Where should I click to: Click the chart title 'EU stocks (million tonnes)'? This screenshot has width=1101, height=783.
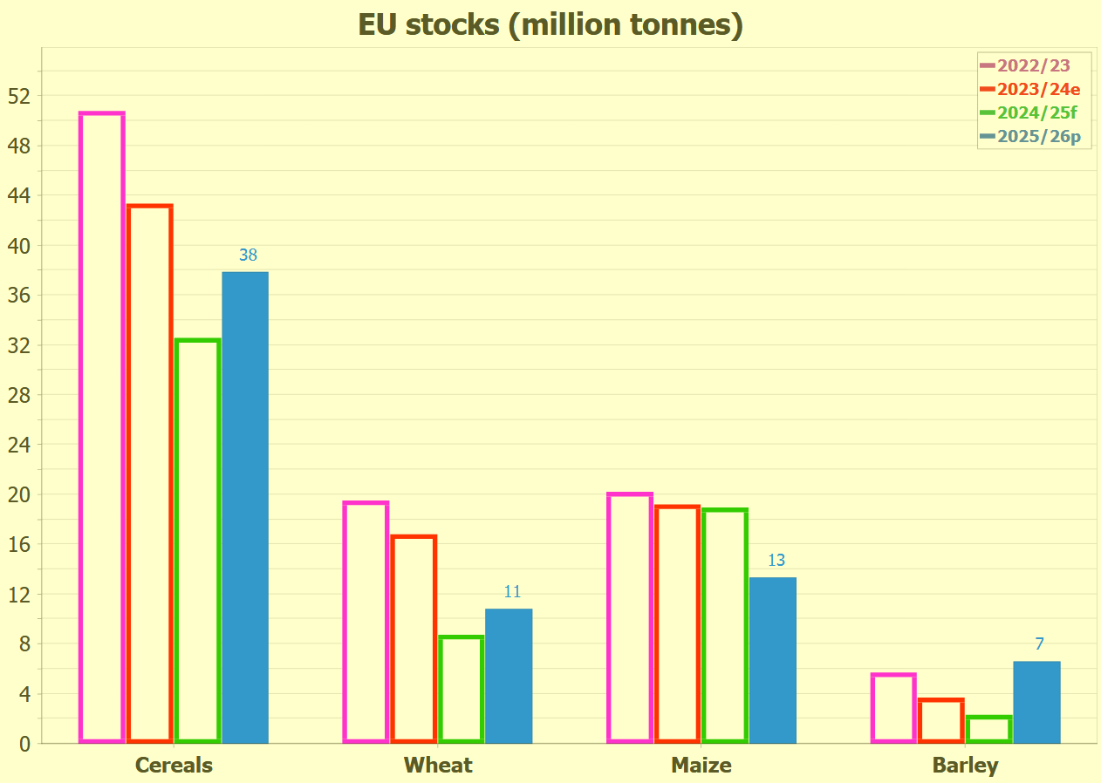pos(550,25)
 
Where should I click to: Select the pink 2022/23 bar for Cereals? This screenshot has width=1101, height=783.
pos(102,427)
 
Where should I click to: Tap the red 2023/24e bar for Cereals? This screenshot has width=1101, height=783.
pos(150,473)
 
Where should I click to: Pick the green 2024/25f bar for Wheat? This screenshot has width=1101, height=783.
pos(461,689)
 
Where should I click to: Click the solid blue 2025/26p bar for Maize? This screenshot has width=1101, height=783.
pos(773,660)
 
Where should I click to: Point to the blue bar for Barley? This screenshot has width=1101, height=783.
pos(1036,702)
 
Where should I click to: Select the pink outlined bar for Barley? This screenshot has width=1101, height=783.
pos(894,708)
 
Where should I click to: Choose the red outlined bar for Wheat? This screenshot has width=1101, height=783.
pos(414,639)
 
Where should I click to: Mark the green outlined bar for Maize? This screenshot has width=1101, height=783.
pos(725,625)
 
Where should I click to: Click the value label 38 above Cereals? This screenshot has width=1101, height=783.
pos(248,255)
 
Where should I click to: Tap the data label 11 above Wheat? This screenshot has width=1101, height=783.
pos(512,592)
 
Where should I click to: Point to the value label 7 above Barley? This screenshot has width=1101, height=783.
pos(1039,644)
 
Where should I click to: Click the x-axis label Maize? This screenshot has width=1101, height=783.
pos(701,766)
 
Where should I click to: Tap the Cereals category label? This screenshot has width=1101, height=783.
pos(174,766)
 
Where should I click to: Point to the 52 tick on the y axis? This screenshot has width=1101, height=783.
pos(19,96)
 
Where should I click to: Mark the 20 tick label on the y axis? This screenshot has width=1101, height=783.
pos(19,494)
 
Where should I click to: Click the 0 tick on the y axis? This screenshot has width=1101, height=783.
pos(24,744)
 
